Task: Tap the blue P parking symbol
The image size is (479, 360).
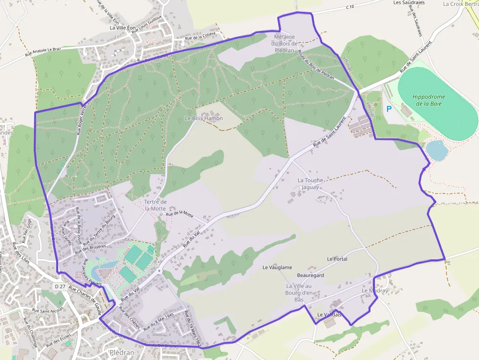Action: [x=389, y=108]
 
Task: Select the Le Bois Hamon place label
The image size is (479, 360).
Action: [x=203, y=118]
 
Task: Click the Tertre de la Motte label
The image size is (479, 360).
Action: [x=155, y=205]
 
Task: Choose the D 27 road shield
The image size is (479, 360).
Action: [x=60, y=286]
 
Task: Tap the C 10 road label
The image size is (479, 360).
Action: [x=349, y=7]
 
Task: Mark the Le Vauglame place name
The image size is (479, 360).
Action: [x=277, y=267]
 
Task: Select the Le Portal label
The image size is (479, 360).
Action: [x=337, y=259]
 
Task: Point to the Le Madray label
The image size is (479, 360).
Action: [x=374, y=291]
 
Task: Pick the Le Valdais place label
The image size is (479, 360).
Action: [x=329, y=315]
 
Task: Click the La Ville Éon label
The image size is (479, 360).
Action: [x=123, y=28]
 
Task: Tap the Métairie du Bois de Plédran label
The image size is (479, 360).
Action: [x=284, y=43]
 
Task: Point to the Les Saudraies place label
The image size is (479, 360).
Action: [x=409, y=2]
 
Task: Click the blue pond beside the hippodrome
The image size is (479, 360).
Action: [x=436, y=150]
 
